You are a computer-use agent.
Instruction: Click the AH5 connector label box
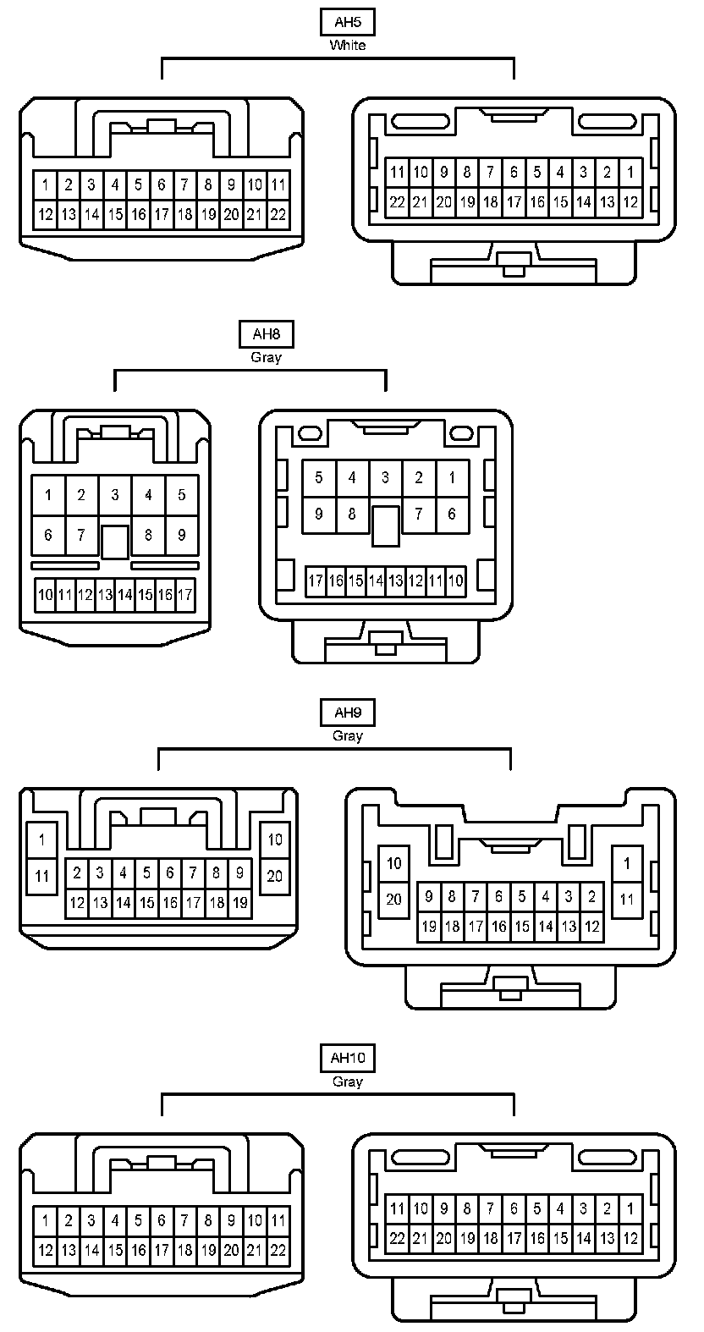[347, 22]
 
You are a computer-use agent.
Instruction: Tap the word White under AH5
[347, 45]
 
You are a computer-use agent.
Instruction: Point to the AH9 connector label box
[347, 713]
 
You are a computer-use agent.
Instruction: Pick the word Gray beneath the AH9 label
[347, 735]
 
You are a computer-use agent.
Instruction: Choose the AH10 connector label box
[347, 1058]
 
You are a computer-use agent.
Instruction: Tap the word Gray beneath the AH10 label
[347, 1081]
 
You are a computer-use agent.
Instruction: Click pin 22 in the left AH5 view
[278, 214]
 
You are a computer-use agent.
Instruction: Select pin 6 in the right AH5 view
[514, 172]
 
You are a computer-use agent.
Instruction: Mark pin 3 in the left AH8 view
[114, 495]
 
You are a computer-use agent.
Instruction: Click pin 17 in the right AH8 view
[315, 581]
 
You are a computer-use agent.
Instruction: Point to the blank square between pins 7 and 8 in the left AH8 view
[114, 542]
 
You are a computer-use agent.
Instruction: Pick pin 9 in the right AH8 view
[318, 514]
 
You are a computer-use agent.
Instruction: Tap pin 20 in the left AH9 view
[275, 876]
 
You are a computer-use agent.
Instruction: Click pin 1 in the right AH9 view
[627, 863]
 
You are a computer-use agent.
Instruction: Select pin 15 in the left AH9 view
[146, 903]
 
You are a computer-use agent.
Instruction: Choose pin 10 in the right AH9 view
[393, 863]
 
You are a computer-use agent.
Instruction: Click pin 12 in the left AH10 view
[46, 1250]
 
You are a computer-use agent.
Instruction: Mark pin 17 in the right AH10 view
[514, 1238]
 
